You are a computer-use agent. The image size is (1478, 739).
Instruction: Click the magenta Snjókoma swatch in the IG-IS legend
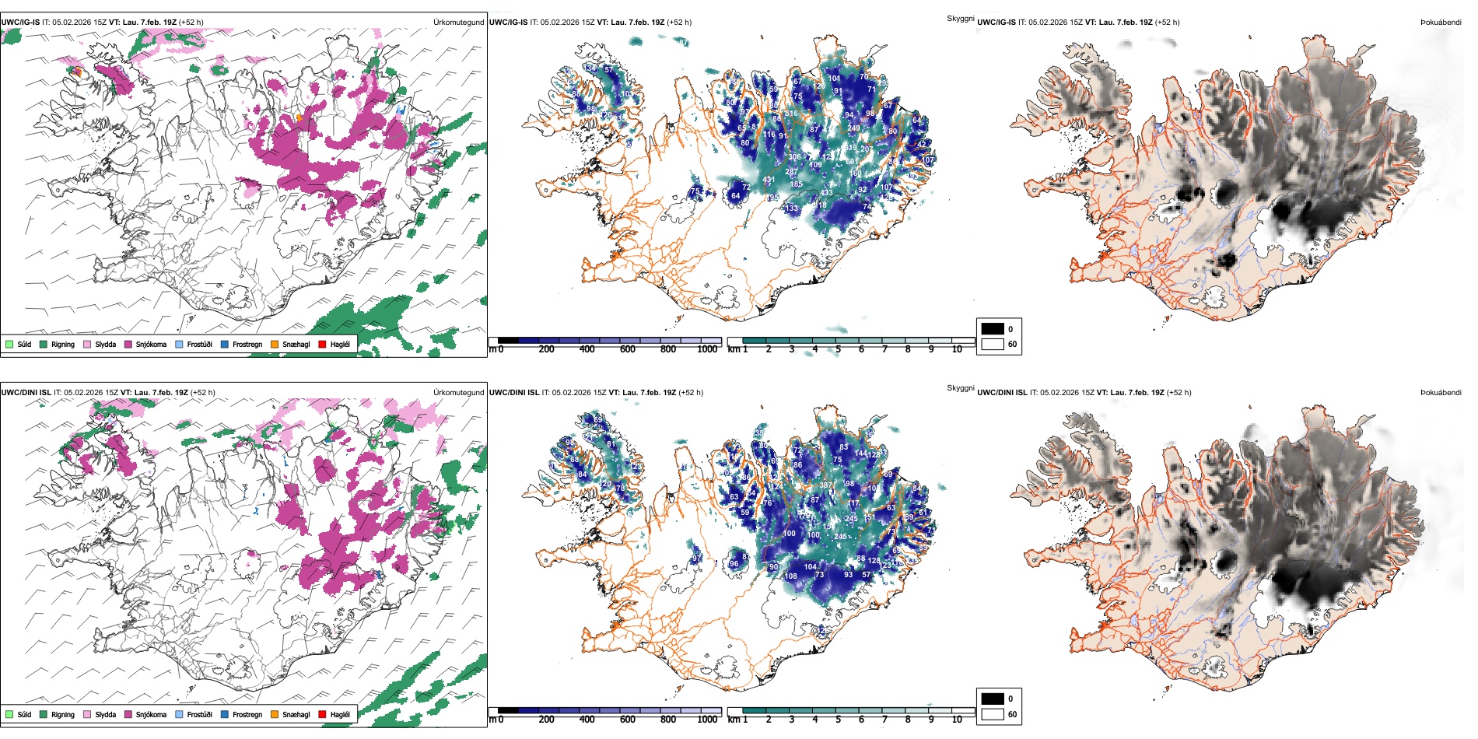pyautogui.click(x=128, y=344)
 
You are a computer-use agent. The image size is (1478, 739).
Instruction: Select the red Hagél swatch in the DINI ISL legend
pyautogui.click(x=323, y=714)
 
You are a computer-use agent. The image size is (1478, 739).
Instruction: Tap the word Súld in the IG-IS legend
pyautogui.click(x=24, y=344)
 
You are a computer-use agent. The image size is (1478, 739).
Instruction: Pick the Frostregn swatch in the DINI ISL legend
pyautogui.click(x=225, y=714)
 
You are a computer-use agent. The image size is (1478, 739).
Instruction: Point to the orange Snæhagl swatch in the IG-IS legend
pyautogui.click(x=275, y=344)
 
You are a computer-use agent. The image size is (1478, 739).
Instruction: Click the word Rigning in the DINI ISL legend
pyautogui.click(x=63, y=714)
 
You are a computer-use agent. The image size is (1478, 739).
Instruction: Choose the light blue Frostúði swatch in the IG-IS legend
pyautogui.click(x=180, y=344)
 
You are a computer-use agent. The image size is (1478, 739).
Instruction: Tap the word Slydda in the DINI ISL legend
pyautogui.click(x=106, y=714)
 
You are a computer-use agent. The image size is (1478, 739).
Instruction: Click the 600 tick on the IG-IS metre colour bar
pyautogui.click(x=627, y=349)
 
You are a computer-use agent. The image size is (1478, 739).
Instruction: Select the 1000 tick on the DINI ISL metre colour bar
pyautogui.click(x=707, y=720)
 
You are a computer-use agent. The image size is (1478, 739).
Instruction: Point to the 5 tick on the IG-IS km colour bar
pyautogui.click(x=838, y=349)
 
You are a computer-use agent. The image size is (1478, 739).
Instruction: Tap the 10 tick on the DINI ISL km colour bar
pyautogui.click(x=957, y=720)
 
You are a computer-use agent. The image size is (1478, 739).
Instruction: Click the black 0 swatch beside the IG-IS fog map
pyautogui.click(x=993, y=329)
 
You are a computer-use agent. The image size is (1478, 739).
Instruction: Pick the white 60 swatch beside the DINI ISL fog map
pyautogui.click(x=993, y=714)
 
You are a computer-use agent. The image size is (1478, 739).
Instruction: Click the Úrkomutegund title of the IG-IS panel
pyautogui.click(x=458, y=23)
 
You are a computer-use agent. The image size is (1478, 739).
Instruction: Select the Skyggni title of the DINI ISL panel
pyautogui.click(x=960, y=387)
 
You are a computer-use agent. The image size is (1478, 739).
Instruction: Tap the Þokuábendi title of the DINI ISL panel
pyautogui.click(x=1441, y=393)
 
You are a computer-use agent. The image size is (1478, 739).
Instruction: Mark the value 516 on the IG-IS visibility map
pyautogui.click(x=791, y=114)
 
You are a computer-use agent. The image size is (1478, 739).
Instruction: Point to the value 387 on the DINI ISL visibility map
pyautogui.click(x=825, y=485)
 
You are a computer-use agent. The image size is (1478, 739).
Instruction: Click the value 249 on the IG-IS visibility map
pyautogui.click(x=853, y=128)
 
